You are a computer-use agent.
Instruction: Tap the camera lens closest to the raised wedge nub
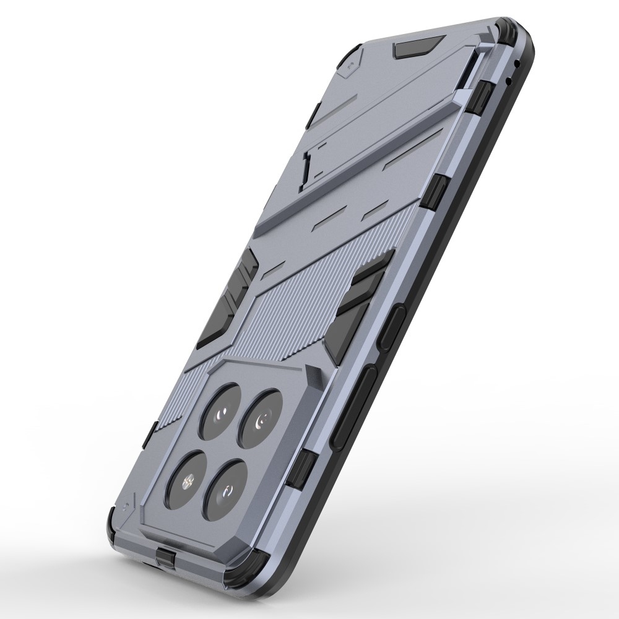264,415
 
